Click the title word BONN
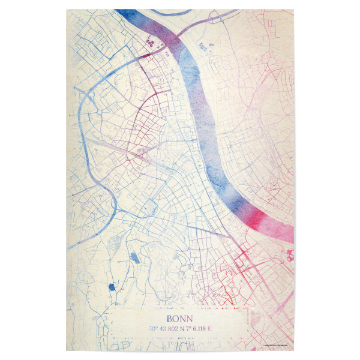[x=179, y=319]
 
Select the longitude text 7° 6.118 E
[x=197, y=328]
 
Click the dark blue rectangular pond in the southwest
[x=110, y=287]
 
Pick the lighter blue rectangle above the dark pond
[x=133, y=259]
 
